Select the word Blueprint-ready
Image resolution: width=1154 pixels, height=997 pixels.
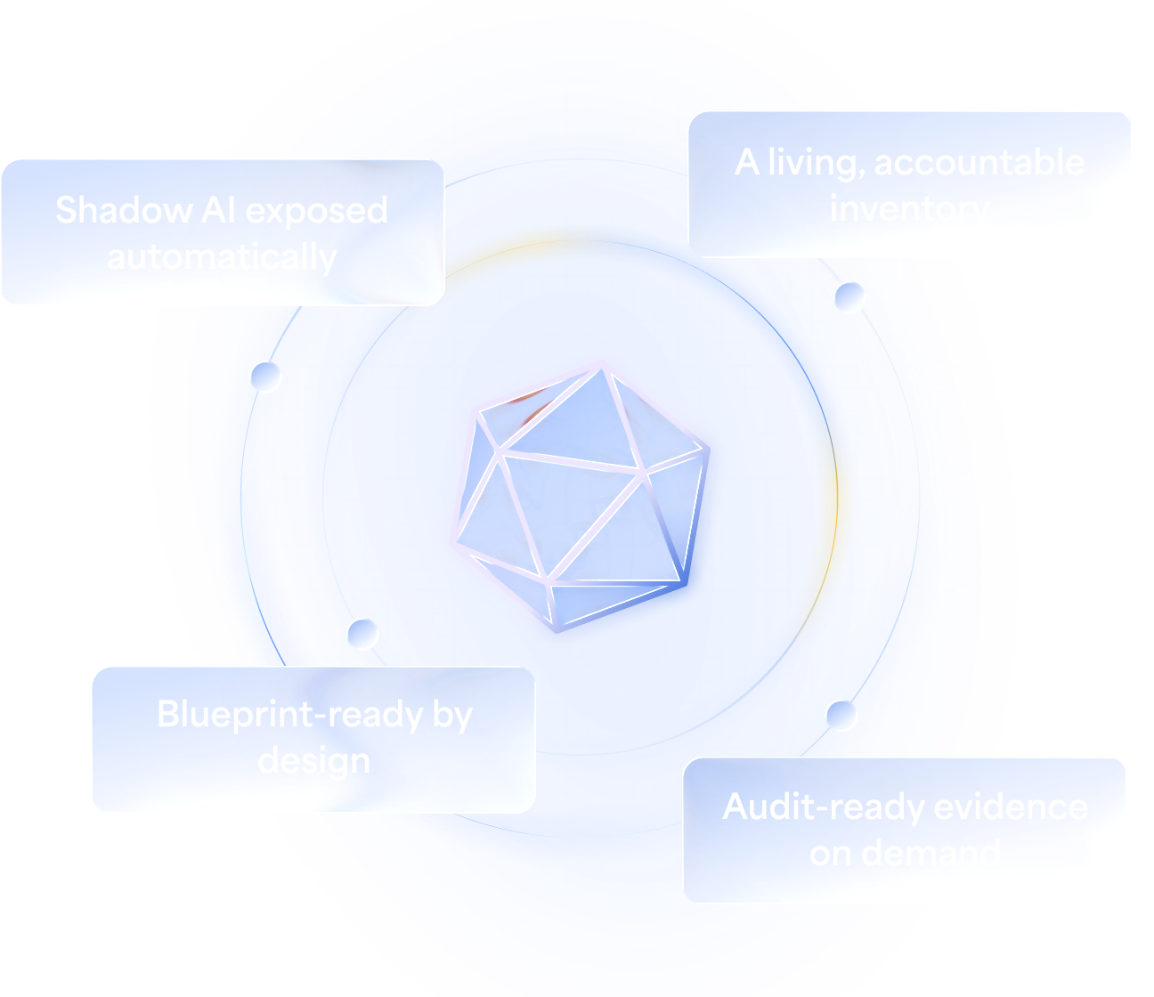point(289,715)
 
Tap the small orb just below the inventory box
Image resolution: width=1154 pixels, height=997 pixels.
point(849,297)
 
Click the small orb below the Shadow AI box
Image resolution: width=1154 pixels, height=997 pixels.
point(265,377)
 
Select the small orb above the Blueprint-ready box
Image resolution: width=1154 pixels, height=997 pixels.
point(362,634)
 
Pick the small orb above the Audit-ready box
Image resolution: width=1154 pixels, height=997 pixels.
point(841,714)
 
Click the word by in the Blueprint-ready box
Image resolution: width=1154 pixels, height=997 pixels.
point(452,715)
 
